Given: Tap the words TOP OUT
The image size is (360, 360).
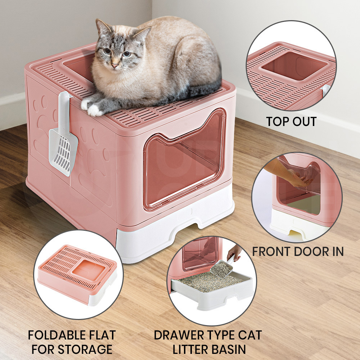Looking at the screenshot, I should (291, 121).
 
